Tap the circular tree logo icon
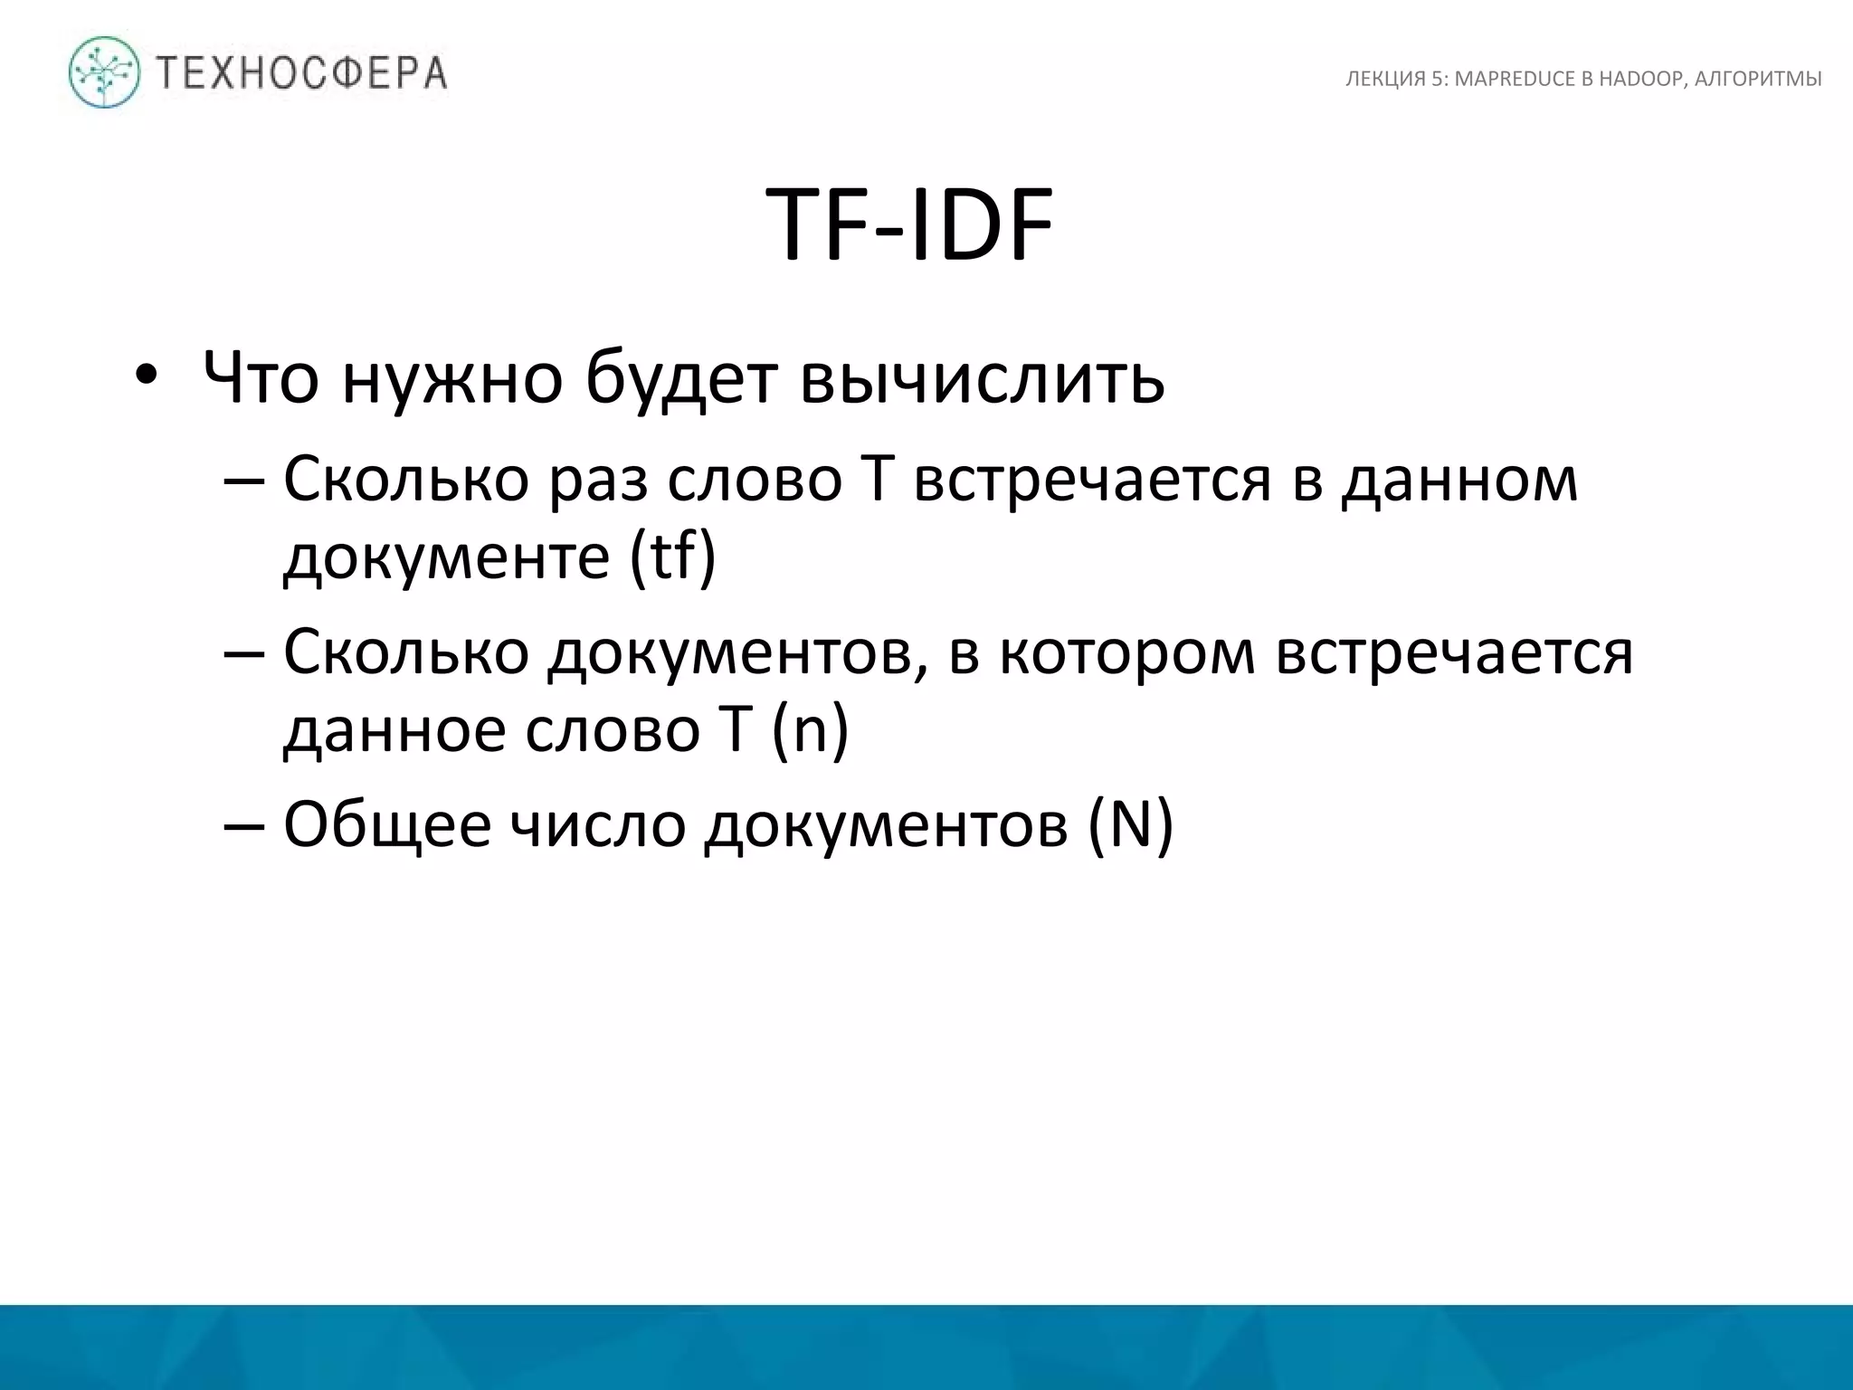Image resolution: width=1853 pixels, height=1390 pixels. (x=105, y=72)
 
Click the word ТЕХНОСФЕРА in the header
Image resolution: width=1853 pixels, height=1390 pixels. (x=302, y=72)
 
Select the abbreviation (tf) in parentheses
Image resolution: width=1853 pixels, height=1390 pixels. (x=672, y=556)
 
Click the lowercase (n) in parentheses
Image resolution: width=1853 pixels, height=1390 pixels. (x=810, y=729)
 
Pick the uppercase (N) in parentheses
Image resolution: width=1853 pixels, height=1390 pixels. (x=1129, y=824)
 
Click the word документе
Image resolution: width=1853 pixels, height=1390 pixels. (x=447, y=557)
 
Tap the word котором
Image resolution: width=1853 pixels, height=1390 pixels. (x=1127, y=652)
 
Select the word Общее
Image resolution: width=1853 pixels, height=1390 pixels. (x=387, y=824)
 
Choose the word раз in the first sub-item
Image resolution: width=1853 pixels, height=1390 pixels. (x=598, y=480)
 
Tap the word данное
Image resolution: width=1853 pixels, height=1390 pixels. (x=394, y=729)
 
